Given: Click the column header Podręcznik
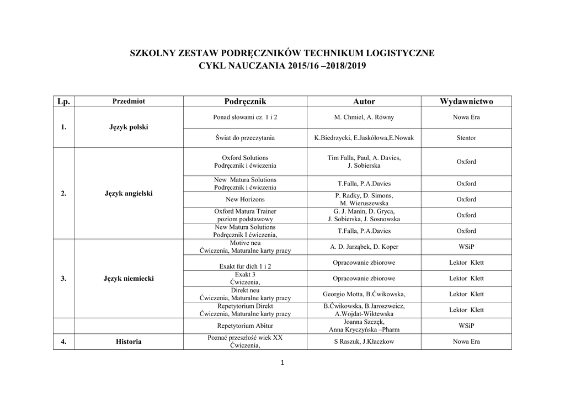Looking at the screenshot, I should [x=245, y=102].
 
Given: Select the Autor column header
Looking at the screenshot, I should [x=364, y=102].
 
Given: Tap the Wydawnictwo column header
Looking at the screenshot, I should [x=466, y=102].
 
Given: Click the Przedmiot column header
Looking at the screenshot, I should [x=129, y=102].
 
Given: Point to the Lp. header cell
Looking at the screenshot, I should [x=63, y=102].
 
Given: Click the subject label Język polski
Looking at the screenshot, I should [x=129, y=127].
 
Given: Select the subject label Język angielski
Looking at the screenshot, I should [x=129, y=194].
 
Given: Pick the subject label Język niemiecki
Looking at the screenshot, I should [x=129, y=279].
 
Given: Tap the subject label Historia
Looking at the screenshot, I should [x=129, y=342].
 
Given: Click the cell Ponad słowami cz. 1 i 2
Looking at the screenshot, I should [x=245, y=118].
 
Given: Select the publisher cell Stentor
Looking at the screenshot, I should [x=466, y=138].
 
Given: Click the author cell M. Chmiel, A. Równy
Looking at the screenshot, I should [x=364, y=118].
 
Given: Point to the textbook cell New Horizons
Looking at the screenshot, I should [x=245, y=199].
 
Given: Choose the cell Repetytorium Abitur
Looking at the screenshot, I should [x=245, y=326].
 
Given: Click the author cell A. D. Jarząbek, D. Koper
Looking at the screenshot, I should [x=364, y=247].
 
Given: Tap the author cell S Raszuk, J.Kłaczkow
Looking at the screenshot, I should [x=364, y=342].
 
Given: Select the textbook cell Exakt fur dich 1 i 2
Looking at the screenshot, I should [x=245, y=266].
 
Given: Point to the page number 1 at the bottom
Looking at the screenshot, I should [x=282, y=362].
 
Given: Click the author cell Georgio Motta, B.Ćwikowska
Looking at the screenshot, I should [x=364, y=294].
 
